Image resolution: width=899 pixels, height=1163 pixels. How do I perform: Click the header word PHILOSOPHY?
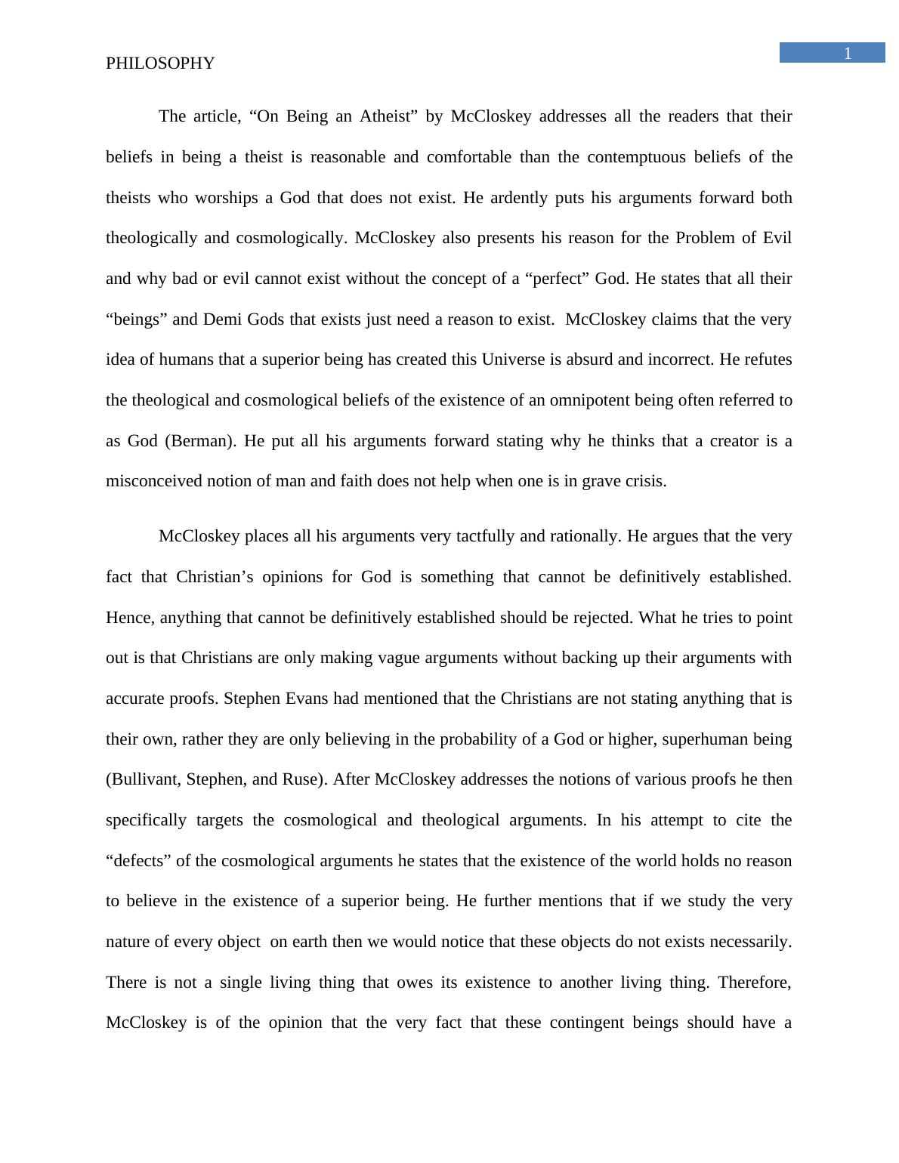(160, 63)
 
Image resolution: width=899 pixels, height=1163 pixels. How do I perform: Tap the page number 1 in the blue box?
(848, 53)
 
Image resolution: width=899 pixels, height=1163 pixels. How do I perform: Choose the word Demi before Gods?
(221, 319)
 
